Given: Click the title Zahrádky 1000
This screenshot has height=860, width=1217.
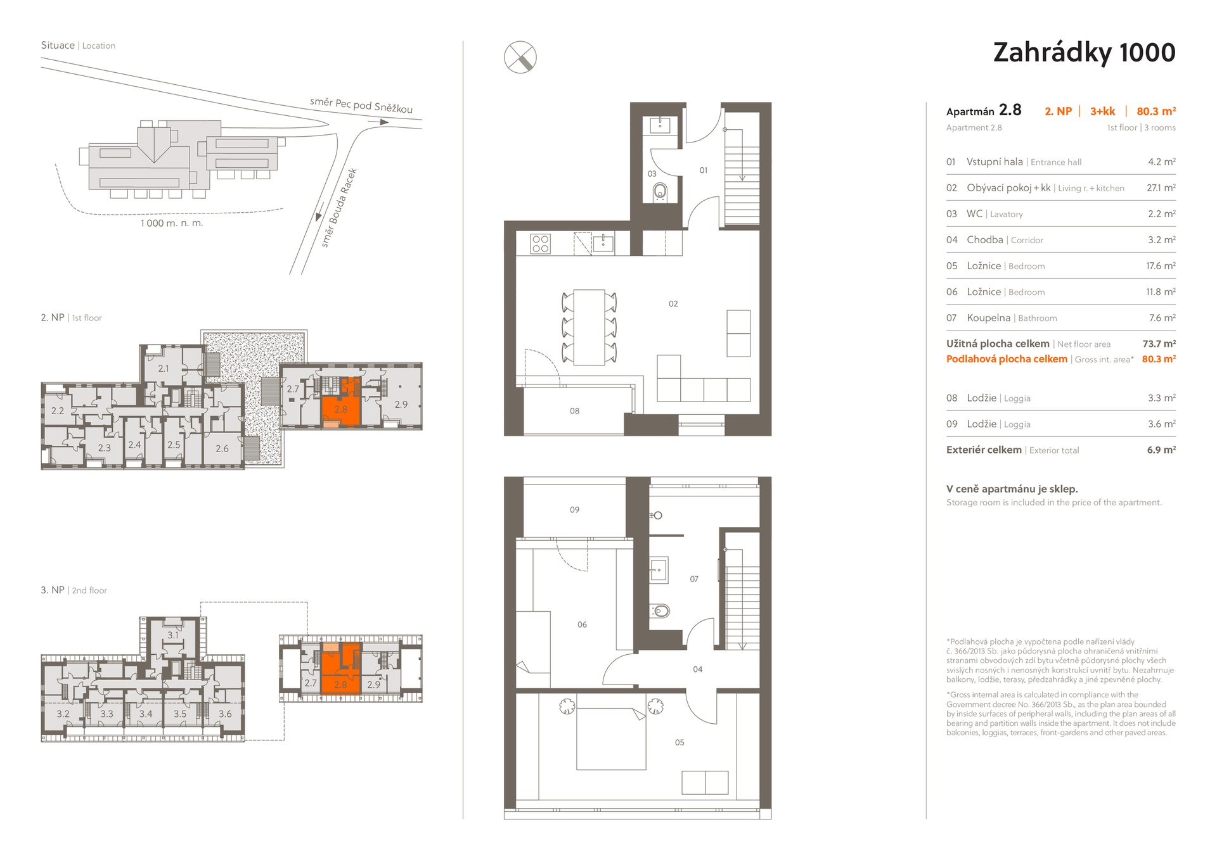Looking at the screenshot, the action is point(1084,53).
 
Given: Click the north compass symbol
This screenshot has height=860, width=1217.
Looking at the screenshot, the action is point(520,57).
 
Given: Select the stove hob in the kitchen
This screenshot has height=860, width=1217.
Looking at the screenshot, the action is point(541,244).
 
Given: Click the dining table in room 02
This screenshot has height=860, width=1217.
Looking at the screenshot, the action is point(589,327).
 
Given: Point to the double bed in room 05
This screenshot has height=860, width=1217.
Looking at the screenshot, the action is point(611,739).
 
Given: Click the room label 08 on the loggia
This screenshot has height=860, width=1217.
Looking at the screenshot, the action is point(574,411).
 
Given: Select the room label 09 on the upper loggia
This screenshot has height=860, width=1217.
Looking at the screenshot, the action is point(574,510).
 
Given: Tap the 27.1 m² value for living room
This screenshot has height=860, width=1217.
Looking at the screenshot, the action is point(1161,188).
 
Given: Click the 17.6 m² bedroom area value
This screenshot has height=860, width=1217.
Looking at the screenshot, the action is point(1161,266).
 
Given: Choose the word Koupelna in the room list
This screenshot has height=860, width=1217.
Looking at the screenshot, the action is point(988,318).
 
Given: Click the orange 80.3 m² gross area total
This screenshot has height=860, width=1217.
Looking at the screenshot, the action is point(1159,359).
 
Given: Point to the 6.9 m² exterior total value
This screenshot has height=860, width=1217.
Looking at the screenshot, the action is point(1161,450).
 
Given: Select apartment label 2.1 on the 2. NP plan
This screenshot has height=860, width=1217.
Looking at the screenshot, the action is point(164,369).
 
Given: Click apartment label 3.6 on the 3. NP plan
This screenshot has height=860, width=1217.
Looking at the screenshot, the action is point(225,714).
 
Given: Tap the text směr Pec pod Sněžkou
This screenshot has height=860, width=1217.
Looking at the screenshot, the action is point(361,105).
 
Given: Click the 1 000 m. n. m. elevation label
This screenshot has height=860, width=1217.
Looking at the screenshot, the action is point(172,223).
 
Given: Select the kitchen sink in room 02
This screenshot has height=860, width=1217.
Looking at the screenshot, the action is point(603,243).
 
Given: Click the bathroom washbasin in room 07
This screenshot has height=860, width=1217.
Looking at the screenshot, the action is point(658,569).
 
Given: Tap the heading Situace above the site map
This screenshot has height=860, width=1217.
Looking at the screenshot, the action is point(58,46).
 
